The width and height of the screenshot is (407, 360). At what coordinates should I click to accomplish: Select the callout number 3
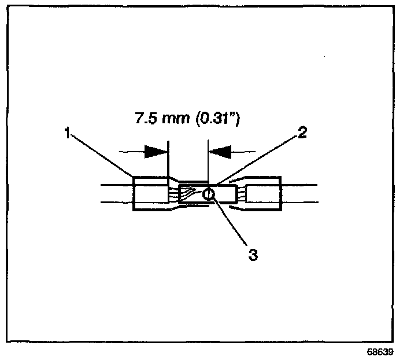253,254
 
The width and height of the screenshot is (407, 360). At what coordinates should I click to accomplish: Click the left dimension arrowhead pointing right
156,152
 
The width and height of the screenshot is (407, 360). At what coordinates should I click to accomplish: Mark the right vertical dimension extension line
207,159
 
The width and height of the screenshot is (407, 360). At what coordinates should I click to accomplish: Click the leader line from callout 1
101,155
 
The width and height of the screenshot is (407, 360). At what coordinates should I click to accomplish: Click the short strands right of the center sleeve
240,194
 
